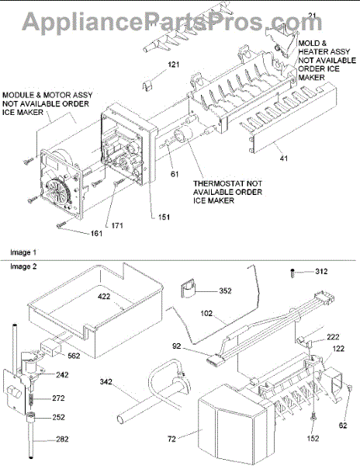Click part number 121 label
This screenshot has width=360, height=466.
tap(174, 64)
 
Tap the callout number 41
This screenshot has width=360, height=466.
tap(284, 158)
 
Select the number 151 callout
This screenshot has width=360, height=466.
tap(164, 217)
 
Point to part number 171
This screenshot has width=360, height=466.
tap(117, 225)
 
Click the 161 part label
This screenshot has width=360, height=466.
tap(96, 234)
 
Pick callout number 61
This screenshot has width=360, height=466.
tap(175, 174)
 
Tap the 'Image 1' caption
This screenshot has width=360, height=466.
tap(23, 252)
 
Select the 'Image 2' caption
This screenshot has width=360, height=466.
tap(23, 266)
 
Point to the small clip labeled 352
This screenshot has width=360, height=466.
tap(187, 288)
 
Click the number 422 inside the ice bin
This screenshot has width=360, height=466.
tap(104, 297)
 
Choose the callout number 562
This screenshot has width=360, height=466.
tap(74, 356)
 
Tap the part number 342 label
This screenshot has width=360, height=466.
tap(106, 381)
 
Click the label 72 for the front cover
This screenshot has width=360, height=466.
tap(171, 439)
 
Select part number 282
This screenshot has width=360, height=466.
tap(62, 439)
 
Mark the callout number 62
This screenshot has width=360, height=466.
tap(343, 426)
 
